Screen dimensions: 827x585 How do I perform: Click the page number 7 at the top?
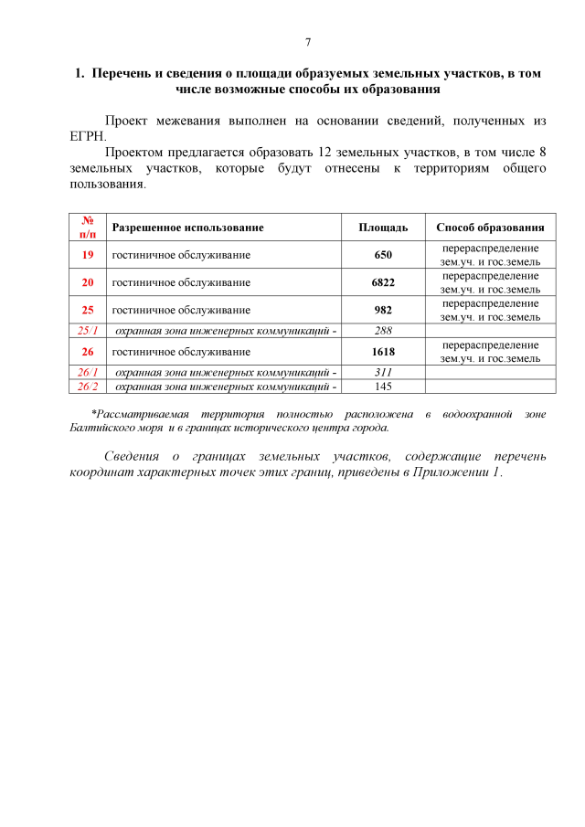coord(308,42)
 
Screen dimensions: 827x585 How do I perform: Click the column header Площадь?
coord(383,228)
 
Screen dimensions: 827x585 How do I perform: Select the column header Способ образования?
coord(490,228)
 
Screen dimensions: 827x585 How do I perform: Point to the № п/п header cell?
coord(89,228)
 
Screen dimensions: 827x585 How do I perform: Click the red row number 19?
coord(89,255)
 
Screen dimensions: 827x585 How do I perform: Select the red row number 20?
coord(89,282)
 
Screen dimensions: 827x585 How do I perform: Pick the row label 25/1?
coord(89,330)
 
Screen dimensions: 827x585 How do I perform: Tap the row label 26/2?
coord(89,386)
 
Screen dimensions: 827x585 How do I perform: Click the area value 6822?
coord(383,282)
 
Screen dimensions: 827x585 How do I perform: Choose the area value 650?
coord(383,255)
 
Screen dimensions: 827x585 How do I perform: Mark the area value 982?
coord(383,310)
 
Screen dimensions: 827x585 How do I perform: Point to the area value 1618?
coord(383,351)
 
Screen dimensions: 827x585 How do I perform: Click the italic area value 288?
coord(383,330)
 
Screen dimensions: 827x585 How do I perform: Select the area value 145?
coord(383,386)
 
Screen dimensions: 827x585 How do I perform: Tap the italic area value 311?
coord(383,372)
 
